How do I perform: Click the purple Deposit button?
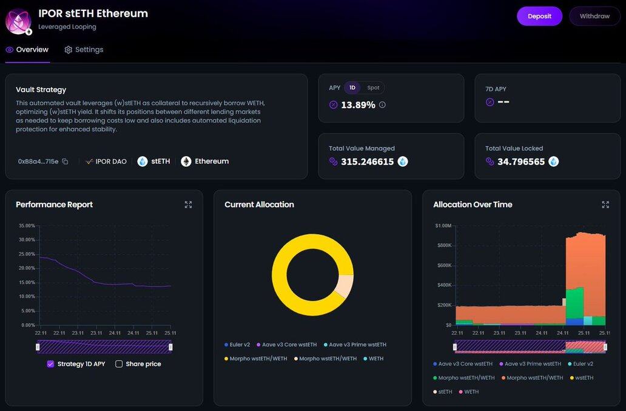[539, 16]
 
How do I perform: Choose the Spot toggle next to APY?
[373, 88]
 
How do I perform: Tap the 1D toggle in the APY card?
[352, 88]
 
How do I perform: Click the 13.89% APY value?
[358, 105]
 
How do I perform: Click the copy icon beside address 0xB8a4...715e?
[65, 161]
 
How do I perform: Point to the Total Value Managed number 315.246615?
[367, 162]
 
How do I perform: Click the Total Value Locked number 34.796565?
[521, 162]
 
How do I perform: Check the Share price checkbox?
[119, 364]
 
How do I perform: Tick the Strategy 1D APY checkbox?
[50, 364]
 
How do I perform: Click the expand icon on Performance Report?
[188, 205]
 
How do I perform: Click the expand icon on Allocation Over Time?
[605, 205]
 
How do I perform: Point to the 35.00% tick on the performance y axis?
[27, 225]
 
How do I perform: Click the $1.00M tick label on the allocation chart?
[443, 226]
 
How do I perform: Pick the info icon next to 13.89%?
[382, 105]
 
